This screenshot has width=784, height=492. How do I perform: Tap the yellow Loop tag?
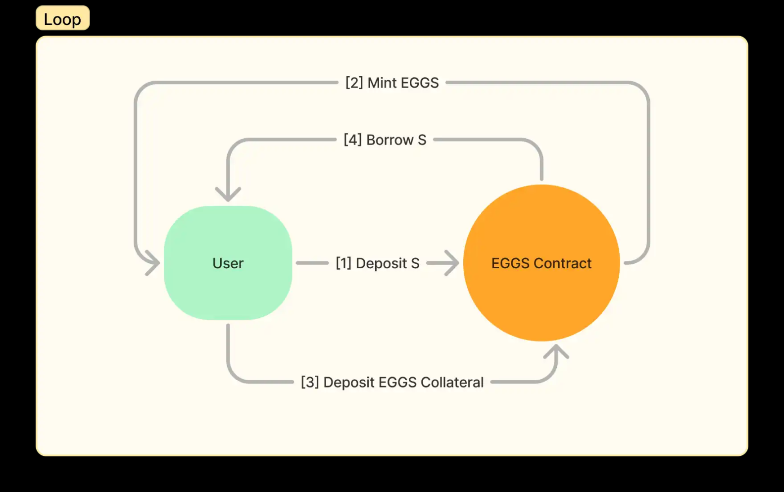point(62,19)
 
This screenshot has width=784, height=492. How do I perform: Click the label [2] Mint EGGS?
point(392,83)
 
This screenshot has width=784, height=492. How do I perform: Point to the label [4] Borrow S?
point(385,140)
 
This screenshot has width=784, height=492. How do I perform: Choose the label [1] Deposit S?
point(378,263)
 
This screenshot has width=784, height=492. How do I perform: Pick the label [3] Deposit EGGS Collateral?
point(392,383)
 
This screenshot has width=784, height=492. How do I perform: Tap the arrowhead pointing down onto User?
point(228,194)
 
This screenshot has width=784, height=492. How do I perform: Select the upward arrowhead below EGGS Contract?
point(556,352)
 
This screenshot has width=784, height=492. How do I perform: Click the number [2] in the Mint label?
point(354,83)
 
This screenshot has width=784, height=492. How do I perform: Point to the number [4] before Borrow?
point(352,140)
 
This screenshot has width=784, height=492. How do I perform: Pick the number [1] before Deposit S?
point(343,263)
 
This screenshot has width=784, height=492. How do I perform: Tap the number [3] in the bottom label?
point(310,383)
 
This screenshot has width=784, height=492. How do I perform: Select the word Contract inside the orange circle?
point(563,263)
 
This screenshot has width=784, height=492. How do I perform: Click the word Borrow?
point(390,140)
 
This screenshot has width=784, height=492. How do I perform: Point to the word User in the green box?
point(228,263)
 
